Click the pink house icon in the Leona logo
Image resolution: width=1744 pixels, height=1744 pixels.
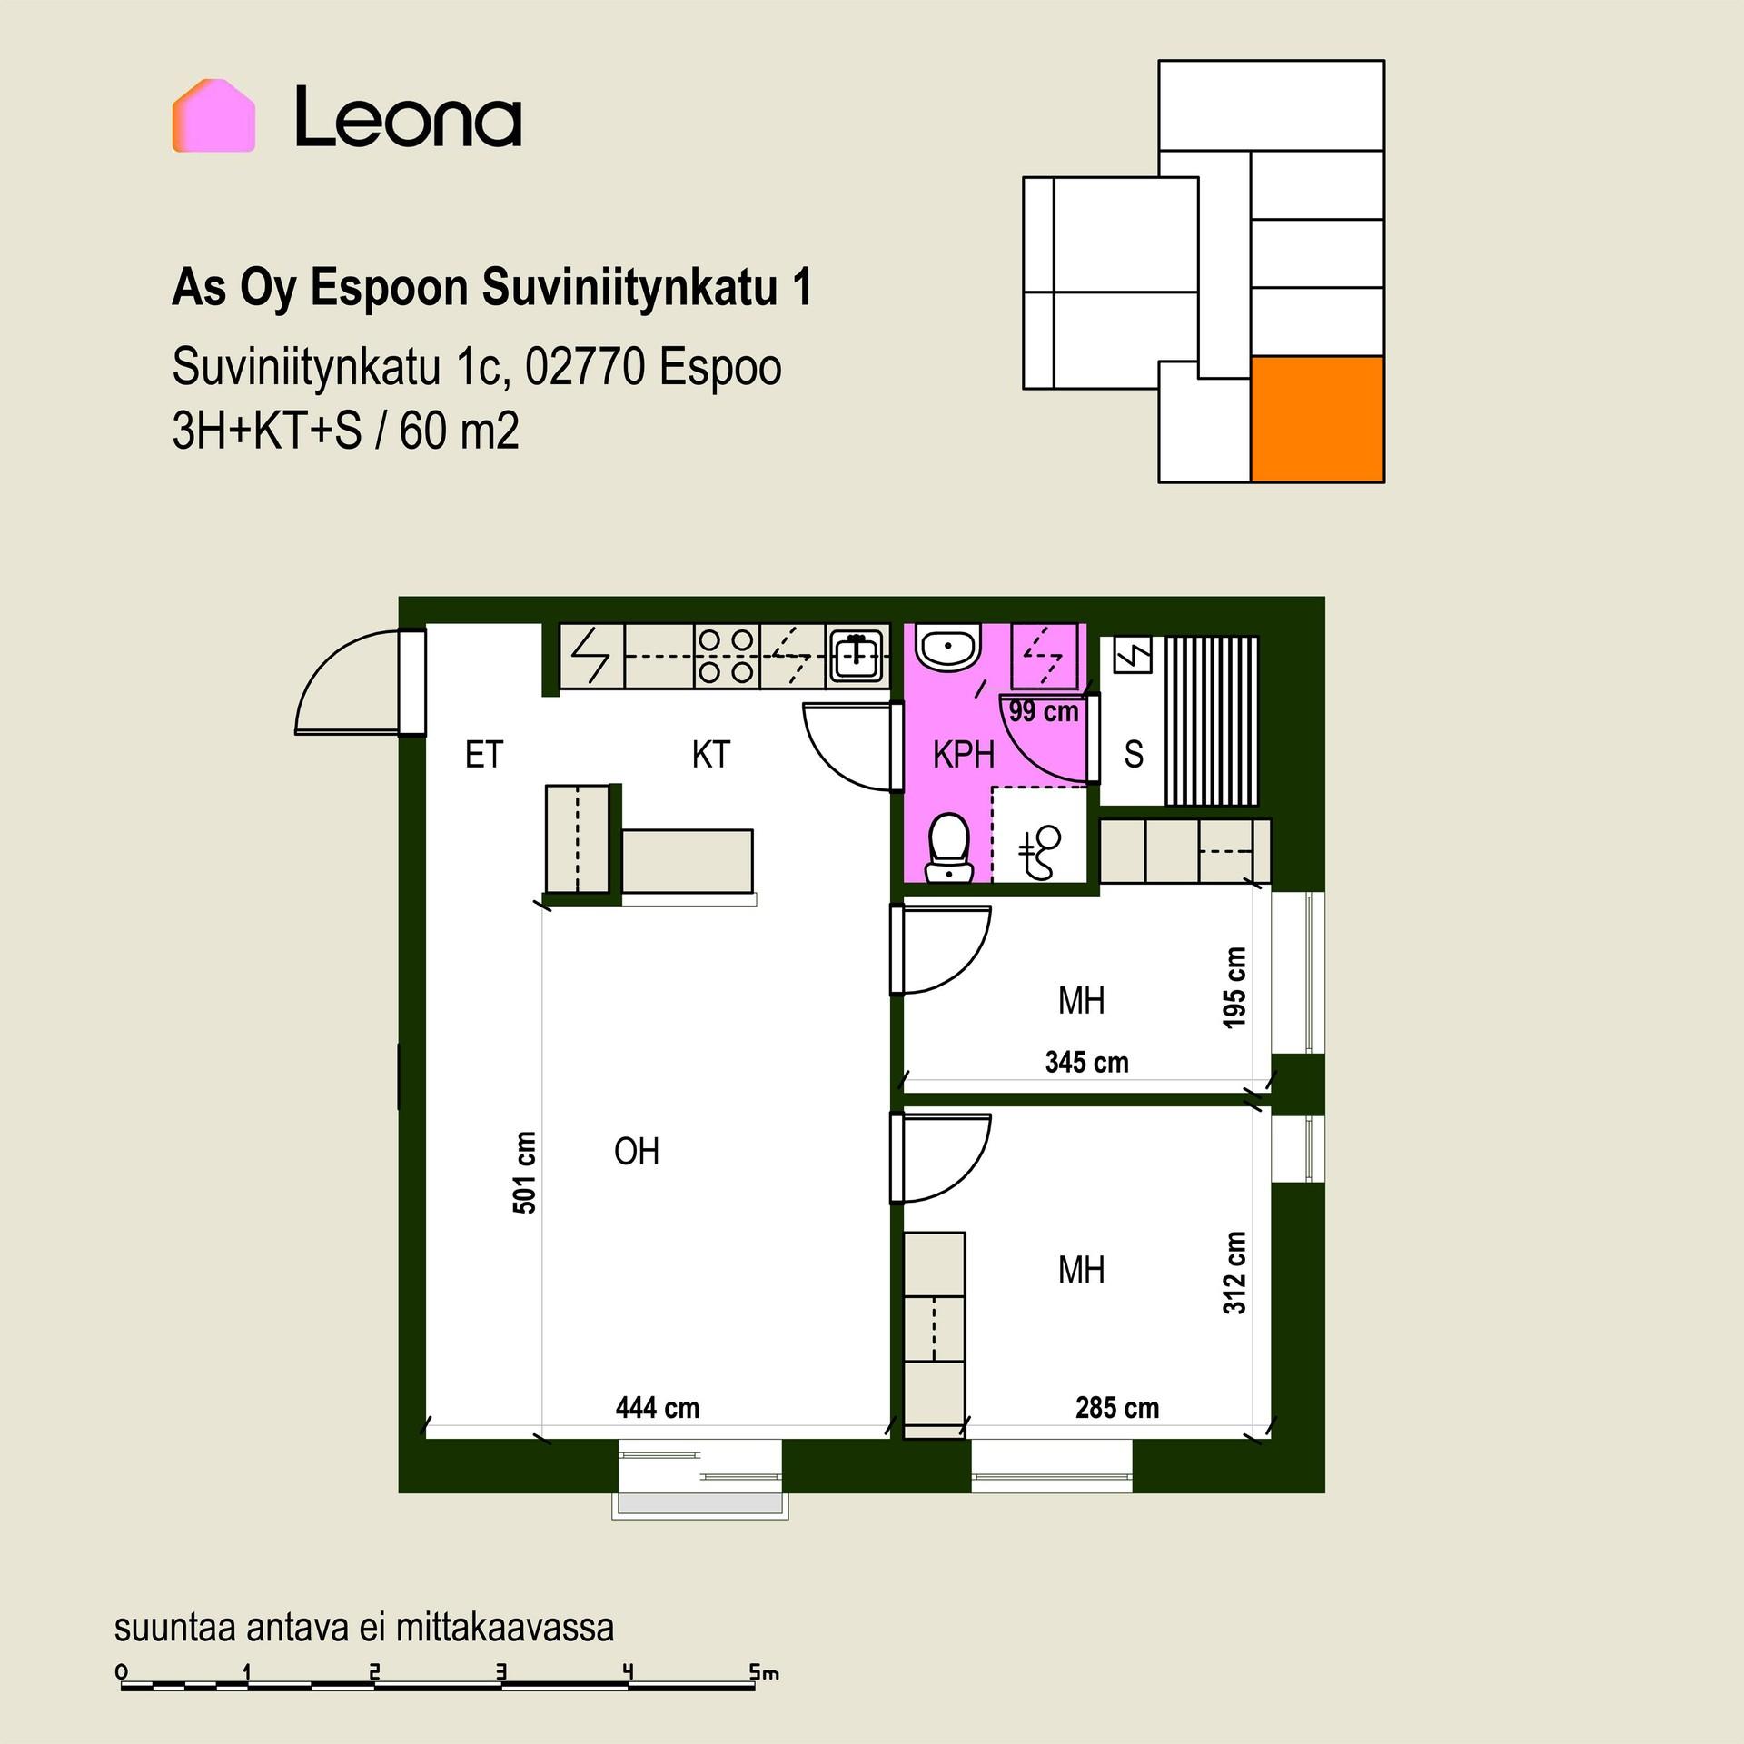pos(213,115)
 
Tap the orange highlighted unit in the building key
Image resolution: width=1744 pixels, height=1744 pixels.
pos(1317,419)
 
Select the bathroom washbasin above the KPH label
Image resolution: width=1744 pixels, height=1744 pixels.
pos(948,648)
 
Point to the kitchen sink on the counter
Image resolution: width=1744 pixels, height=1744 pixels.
pos(857,656)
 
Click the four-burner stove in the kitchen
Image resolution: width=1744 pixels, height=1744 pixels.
pos(727,656)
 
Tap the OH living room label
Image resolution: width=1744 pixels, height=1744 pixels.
pos(636,1152)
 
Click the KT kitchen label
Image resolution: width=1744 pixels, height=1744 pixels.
pos(710,755)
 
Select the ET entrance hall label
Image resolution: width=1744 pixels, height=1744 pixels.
pos(483,755)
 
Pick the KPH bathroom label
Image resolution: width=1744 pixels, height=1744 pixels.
pos(963,755)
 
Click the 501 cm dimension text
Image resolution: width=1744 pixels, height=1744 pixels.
pos(524,1173)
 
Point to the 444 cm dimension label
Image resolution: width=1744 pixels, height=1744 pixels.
pos(658,1408)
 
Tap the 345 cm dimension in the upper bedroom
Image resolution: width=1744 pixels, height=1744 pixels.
pos(1086,1062)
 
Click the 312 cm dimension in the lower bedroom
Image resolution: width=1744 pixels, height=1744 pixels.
pos(1234,1273)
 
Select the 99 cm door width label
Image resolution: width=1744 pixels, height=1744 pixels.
pos(1044,711)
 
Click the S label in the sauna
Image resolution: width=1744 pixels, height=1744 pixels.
pos(1134,755)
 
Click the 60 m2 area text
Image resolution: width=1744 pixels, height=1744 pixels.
pos(459,431)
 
